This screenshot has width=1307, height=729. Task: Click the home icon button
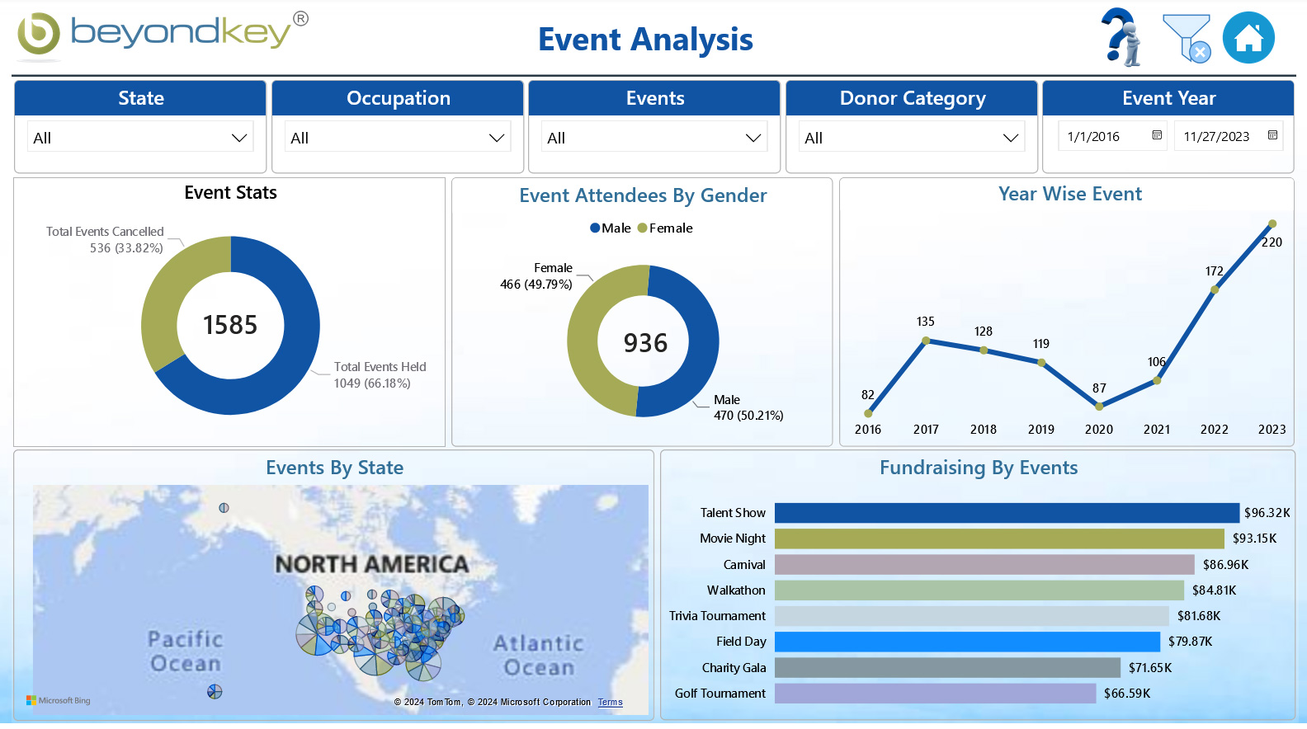pos(1248,38)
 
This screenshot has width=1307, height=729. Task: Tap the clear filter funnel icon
pos(1187,38)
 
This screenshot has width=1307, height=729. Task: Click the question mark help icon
pos(1121,37)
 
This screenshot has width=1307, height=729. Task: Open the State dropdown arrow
pos(239,138)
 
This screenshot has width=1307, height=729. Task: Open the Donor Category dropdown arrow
pos(1010,138)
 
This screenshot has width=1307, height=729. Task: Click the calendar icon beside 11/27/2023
pos(1272,135)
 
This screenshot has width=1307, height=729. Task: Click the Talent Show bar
pos(1007,513)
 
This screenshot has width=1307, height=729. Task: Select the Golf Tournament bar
pos(935,694)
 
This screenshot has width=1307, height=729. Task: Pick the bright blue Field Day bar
pos(967,642)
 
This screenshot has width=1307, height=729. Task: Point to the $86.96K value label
pos(1225,565)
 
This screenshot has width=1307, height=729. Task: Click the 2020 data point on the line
pos(1099,406)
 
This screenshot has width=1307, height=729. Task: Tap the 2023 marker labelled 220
pos(1272,224)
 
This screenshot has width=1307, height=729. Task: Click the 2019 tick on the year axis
pos(1041,430)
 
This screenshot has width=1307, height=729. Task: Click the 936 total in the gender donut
pos(645,343)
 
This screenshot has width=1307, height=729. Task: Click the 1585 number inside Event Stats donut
pos(230,325)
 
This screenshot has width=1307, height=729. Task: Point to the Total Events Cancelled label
pos(105,232)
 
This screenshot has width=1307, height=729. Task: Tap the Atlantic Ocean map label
pos(539,656)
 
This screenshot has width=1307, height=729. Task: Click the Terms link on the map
pos(611,703)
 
